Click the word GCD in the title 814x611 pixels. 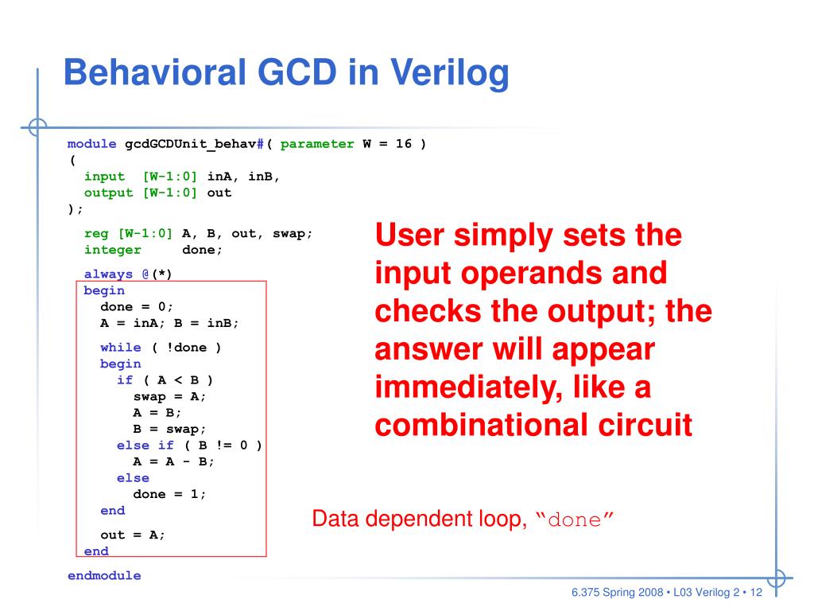(297, 72)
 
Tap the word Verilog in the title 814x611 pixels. (450, 74)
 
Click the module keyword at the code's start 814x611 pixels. (92, 144)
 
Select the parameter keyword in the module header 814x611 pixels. (317, 144)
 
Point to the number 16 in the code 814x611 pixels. (403, 143)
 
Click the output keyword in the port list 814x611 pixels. (108, 193)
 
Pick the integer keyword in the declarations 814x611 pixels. (113, 250)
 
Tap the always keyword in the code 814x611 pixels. (108, 274)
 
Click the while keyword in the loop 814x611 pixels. (121, 347)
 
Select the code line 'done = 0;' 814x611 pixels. (137, 306)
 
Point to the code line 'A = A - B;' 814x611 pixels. (173, 461)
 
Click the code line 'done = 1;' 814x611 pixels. (169, 493)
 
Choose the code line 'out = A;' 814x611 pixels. (133, 535)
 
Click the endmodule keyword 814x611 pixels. (104, 575)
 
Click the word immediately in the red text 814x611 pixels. (468, 388)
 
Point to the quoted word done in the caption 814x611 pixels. (574, 520)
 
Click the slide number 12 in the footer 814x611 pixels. (756, 592)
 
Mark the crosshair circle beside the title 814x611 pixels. (37, 126)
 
